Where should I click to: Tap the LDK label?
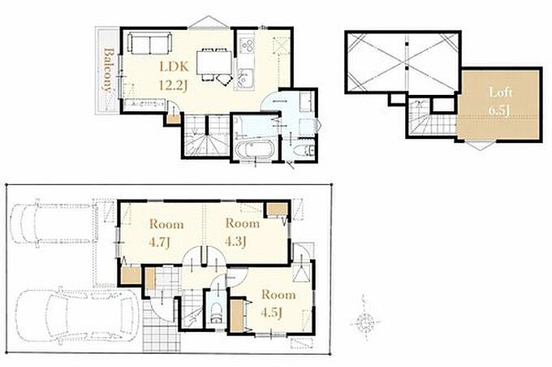click(175, 67)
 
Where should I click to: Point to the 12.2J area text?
click(172, 85)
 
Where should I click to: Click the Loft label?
click(500, 93)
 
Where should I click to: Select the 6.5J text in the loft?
click(499, 110)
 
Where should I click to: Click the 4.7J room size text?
click(160, 242)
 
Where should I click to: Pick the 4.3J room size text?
click(235, 242)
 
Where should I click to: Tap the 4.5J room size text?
click(272, 313)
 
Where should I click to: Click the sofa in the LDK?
click(149, 43)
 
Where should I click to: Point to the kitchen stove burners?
click(247, 45)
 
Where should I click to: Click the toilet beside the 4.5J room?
click(215, 312)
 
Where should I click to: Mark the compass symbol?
click(366, 322)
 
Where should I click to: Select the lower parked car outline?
click(76, 315)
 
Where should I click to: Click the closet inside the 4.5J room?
click(238, 315)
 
